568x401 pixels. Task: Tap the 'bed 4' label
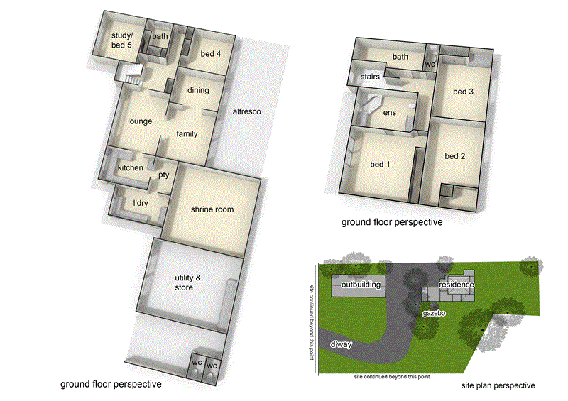[211, 54]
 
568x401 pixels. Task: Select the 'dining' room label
[198, 90]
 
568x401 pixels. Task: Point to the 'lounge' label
[140, 121]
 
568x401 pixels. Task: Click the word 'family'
[187, 133]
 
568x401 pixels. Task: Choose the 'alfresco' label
[248, 111]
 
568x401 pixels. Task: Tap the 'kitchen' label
[131, 167]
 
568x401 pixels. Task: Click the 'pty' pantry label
[163, 174]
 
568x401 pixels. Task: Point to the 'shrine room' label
[212, 209]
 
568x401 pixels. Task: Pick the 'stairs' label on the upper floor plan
[371, 76]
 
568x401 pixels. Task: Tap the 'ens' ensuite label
[389, 112]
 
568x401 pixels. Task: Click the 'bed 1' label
[381, 165]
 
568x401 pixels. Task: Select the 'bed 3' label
[463, 92]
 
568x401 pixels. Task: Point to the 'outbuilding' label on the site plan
[361, 285]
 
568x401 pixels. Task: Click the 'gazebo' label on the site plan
[433, 312]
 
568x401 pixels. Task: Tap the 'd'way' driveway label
[342, 344]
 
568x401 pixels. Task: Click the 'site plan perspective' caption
[498, 385]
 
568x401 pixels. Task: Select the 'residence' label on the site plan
[456, 285]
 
